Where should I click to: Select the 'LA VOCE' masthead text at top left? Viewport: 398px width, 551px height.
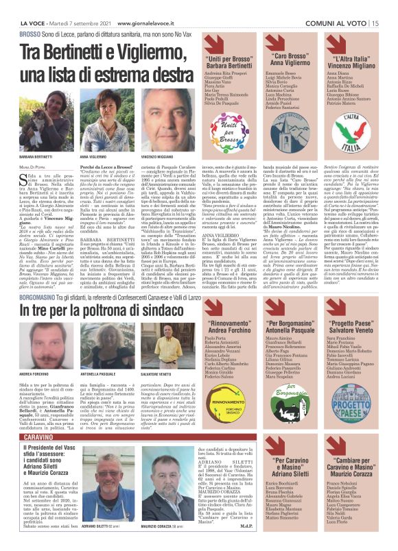tap(24, 23)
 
